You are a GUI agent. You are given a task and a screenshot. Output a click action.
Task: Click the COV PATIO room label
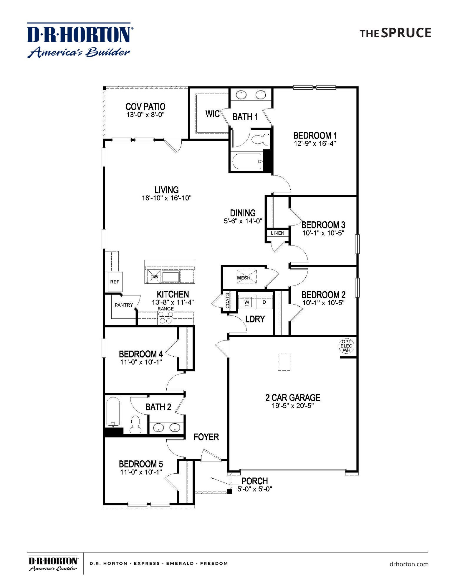click(x=145, y=106)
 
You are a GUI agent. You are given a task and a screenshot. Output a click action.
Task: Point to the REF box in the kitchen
click(x=115, y=282)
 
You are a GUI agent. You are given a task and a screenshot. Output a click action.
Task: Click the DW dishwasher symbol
click(x=154, y=277)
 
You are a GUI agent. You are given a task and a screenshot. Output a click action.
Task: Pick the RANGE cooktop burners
click(x=166, y=318)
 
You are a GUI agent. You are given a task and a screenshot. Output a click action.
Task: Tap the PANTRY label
click(x=124, y=305)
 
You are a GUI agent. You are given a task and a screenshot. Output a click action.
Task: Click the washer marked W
click(x=247, y=302)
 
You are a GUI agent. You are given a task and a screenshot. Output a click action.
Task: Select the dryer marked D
click(x=264, y=302)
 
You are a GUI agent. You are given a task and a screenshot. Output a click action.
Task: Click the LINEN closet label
click(x=277, y=233)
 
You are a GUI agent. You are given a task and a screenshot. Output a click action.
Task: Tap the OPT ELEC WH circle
click(x=346, y=346)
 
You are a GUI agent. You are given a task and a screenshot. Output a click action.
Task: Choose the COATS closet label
click(x=227, y=301)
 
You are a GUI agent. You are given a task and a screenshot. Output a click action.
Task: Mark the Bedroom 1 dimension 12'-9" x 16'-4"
click(x=315, y=143)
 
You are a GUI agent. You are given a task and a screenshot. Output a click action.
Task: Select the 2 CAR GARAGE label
click(x=292, y=397)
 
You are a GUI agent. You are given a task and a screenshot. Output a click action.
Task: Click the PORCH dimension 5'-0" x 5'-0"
click(x=254, y=489)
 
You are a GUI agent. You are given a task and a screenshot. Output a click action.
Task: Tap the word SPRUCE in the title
click(x=406, y=33)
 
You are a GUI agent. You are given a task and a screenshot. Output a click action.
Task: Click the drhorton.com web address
click(x=409, y=564)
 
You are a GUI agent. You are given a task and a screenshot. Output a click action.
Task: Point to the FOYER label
click(x=206, y=437)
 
